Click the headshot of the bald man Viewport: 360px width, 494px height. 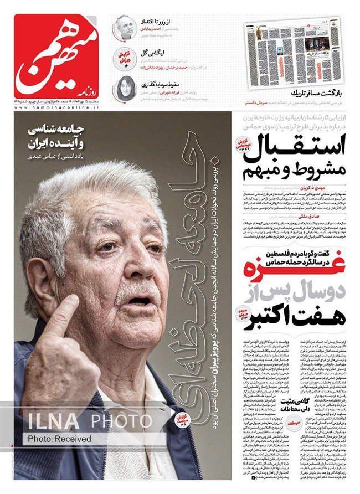pyautogui.click(x=125, y=27)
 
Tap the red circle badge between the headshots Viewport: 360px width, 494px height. pyautogui.click(x=126, y=58)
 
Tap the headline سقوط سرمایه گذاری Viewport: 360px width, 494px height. pyautogui.click(x=161, y=84)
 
